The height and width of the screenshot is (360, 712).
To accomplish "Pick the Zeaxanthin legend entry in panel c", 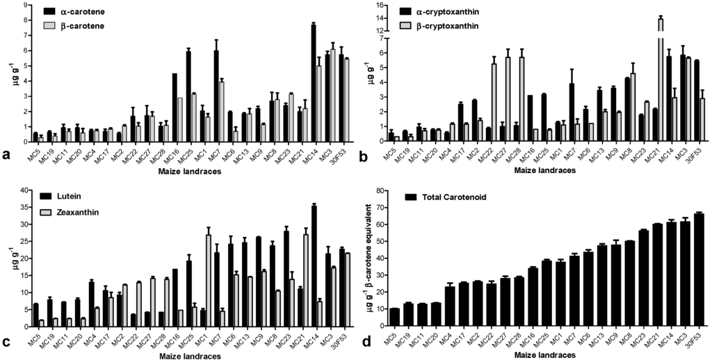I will (x=74, y=211).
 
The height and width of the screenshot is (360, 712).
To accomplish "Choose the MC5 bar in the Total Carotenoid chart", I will (x=395, y=317).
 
